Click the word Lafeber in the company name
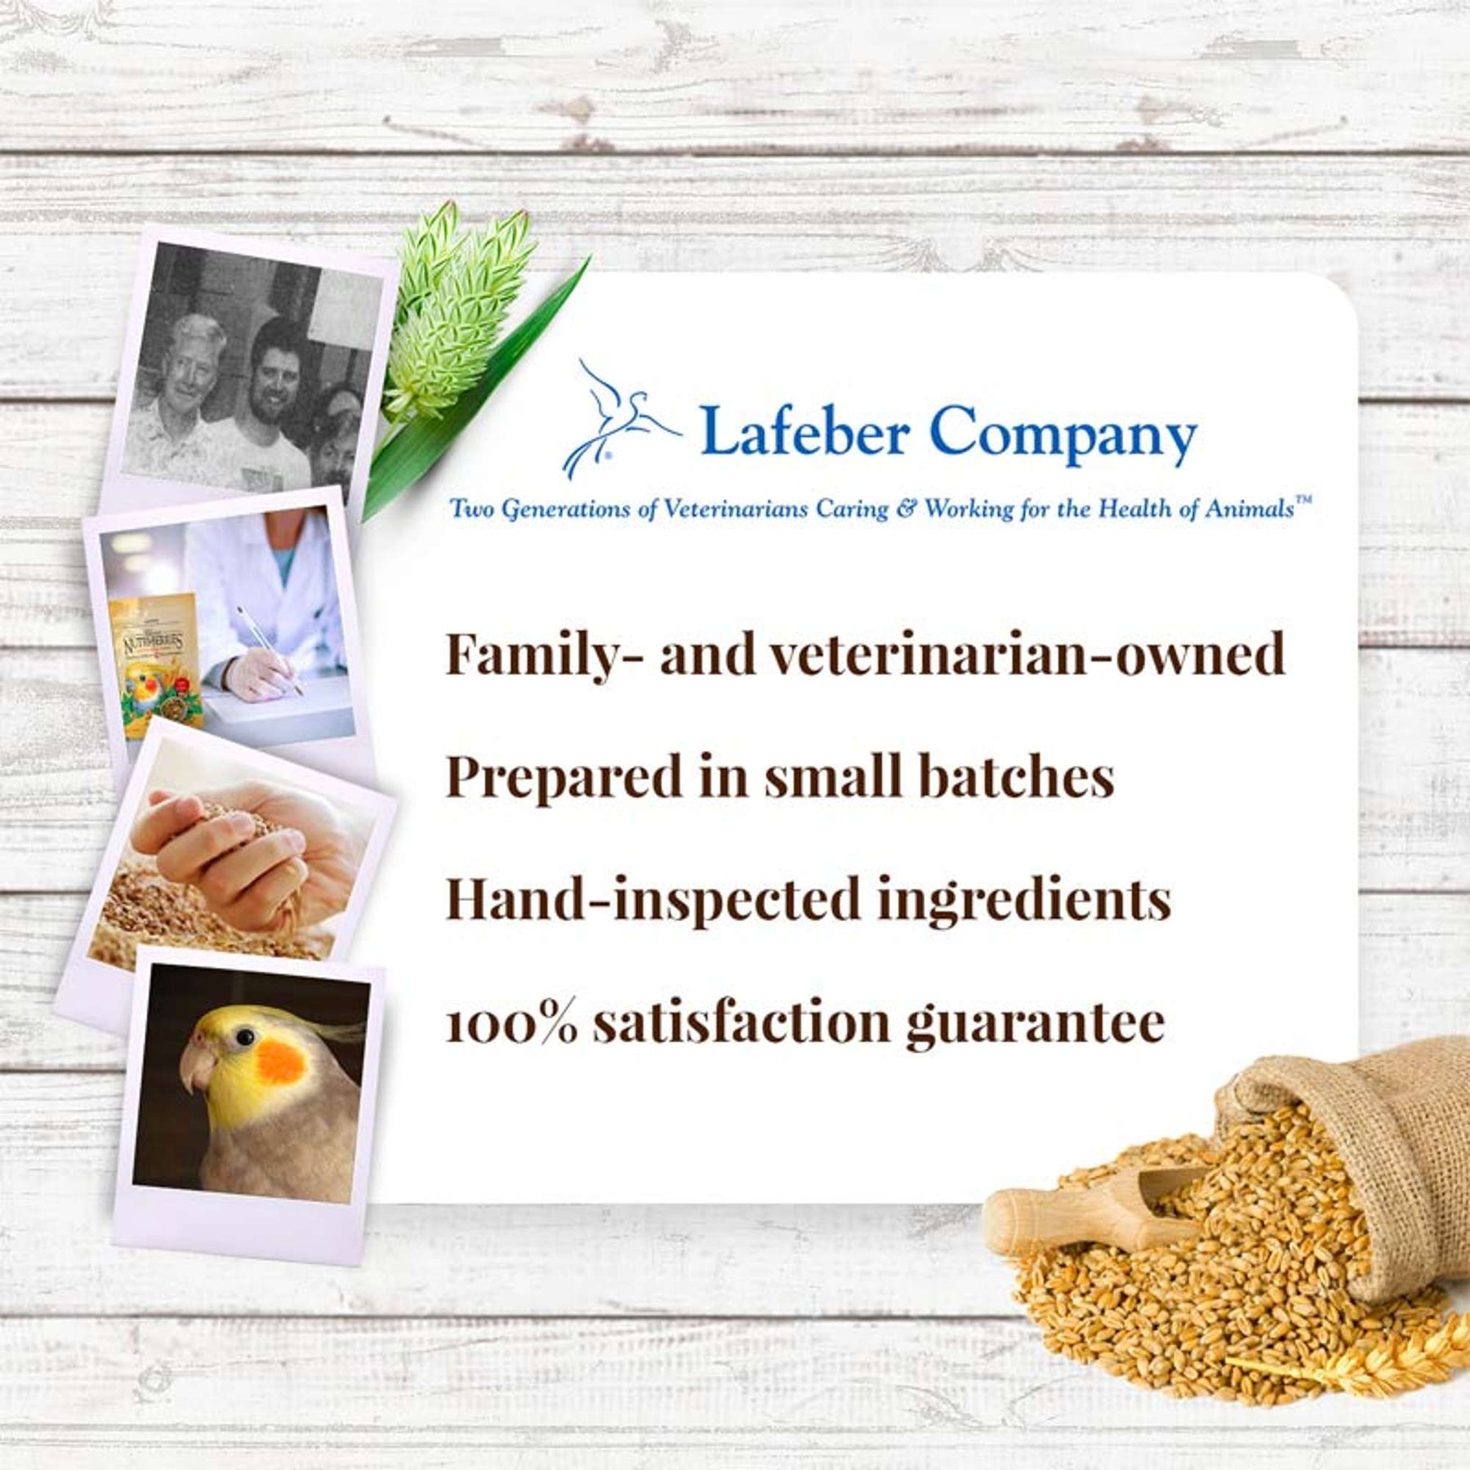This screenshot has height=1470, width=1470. (804, 431)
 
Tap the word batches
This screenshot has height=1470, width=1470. (1016, 776)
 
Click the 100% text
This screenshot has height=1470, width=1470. (511, 1022)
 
